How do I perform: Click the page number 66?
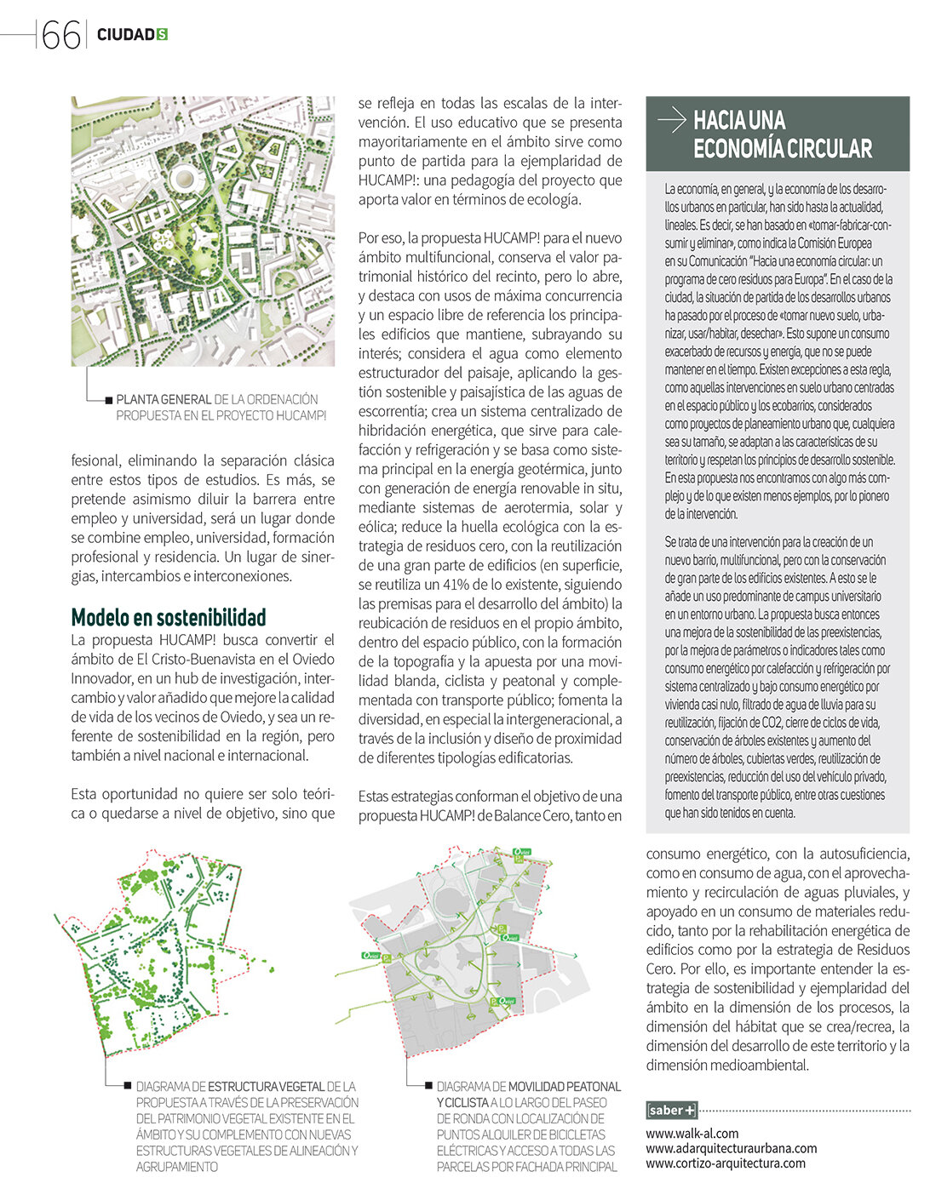click(x=60, y=34)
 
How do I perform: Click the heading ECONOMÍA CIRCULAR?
click(x=783, y=149)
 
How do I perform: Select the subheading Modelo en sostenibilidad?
click(x=169, y=617)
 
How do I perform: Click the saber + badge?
click(x=671, y=1110)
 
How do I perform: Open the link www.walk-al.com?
click(x=692, y=1134)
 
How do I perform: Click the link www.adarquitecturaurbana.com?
click(x=731, y=1148)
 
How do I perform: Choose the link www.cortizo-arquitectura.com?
click(x=725, y=1163)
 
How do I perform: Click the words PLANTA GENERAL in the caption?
click(x=164, y=399)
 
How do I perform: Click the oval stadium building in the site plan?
click(x=185, y=179)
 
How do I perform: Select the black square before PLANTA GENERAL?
click(x=109, y=399)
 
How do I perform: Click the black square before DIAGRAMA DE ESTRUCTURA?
click(x=128, y=1087)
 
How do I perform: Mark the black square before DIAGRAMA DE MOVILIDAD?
click(x=428, y=1087)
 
